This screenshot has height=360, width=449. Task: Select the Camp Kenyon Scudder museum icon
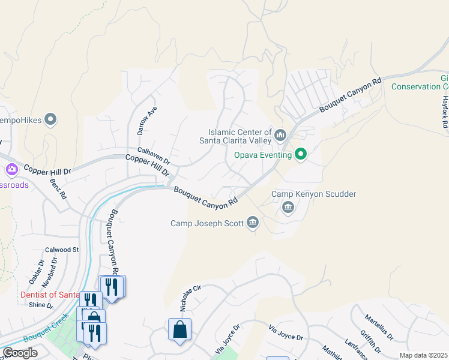coord(288,208)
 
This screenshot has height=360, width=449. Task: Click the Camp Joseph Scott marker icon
coord(253,224)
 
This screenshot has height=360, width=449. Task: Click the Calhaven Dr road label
coord(154,156)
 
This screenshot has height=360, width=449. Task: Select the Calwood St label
coord(62,250)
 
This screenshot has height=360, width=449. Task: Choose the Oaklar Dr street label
coord(33,272)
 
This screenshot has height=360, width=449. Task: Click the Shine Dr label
coord(41,305)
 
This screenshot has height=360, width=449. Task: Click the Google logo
coord(20,353)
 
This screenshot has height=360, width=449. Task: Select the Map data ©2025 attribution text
coord(423,355)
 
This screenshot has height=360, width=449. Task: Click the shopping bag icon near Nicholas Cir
coord(179,329)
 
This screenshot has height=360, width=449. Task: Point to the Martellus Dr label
coord(379,327)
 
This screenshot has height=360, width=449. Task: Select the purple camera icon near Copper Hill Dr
coord(11,171)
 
